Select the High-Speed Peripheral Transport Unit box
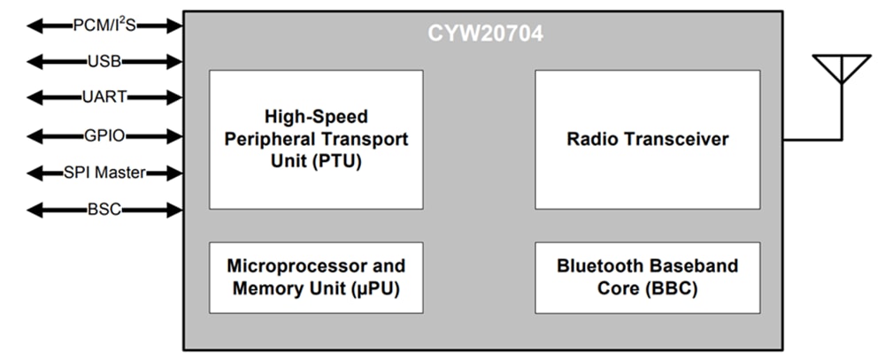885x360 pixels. [316, 139]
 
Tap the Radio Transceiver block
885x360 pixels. [647, 139]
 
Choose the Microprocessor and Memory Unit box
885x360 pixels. [316, 277]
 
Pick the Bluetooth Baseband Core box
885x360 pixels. [647, 277]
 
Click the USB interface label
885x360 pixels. [104, 62]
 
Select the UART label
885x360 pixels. [104, 98]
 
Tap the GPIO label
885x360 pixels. [104, 135]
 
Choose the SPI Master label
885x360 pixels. [104, 172]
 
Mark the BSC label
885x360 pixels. [104, 210]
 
